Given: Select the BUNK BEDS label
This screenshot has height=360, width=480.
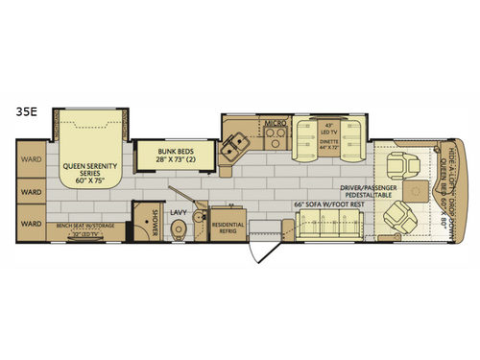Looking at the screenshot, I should (x=165, y=155).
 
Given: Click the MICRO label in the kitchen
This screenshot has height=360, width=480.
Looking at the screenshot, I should (x=276, y=124).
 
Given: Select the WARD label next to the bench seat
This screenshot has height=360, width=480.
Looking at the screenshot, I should (x=32, y=226).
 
